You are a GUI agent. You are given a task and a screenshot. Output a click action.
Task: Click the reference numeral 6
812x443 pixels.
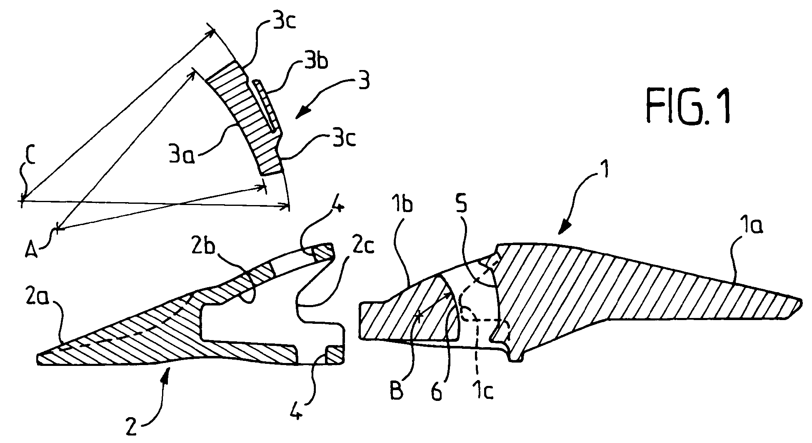click(436, 392)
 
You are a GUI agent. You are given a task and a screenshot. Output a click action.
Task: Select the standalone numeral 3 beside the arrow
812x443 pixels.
click(365, 81)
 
